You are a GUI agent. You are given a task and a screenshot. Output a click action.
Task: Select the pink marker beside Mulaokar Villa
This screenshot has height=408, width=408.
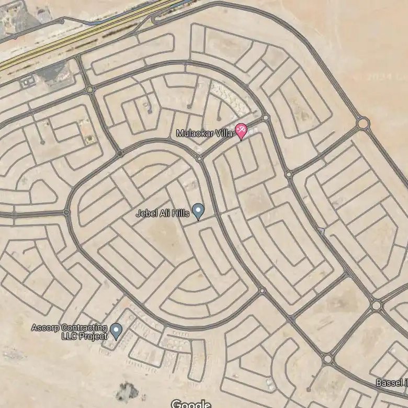tap(241, 130)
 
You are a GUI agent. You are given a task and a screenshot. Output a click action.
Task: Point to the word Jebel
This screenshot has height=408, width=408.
tap(146, 213)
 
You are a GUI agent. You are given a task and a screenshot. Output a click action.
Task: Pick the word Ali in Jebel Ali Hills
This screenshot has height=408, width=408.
tap(164, 213)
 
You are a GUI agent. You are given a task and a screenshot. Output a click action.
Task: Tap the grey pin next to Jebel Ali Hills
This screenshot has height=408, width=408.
tap(198, 210)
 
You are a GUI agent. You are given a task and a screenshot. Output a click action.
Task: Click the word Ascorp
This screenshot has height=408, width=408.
tap(45, 328)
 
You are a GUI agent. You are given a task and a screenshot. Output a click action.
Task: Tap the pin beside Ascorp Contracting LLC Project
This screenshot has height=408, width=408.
tap(116, 331)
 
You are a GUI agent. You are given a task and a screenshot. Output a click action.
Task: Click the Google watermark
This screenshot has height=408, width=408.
tap(191, 404)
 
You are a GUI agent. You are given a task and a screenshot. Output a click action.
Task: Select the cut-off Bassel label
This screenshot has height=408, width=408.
tap(391, 383)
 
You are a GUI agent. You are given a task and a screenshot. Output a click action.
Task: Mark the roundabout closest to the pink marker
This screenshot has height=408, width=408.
tap(266, 118)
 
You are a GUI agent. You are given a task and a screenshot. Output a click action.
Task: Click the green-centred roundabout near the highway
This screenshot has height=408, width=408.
tap(90, 90)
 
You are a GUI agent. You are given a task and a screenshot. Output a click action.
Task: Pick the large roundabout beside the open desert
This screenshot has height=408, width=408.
tap(363, 124)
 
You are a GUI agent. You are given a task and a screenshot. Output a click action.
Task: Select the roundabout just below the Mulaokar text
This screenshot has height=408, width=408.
tap(199, 157)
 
